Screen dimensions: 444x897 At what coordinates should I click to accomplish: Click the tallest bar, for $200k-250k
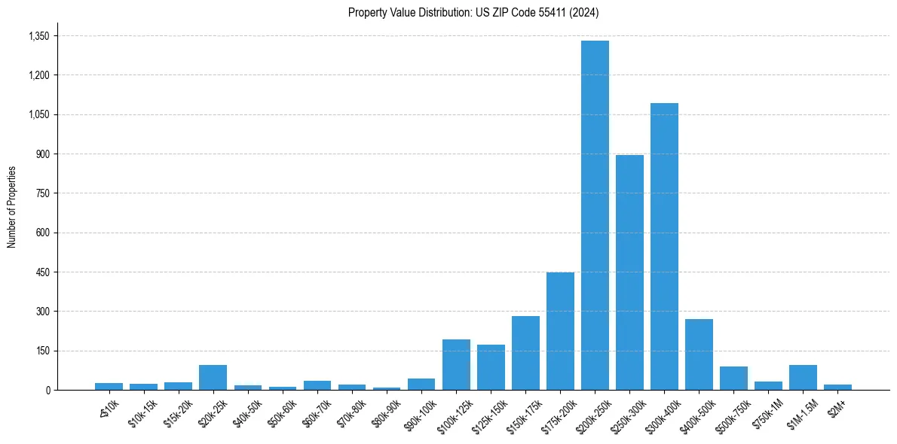coord(595,215)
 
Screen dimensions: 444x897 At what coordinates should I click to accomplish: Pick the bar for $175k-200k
coord(560,331)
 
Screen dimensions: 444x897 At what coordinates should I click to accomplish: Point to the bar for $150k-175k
coord(525,353)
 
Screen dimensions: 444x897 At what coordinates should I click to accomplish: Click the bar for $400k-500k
coord(699,354)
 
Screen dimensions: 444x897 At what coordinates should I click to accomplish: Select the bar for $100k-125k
coord(456,365)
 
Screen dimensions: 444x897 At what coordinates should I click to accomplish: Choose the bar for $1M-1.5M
coord(803,378)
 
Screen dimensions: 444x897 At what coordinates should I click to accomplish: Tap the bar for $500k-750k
coord(733,379)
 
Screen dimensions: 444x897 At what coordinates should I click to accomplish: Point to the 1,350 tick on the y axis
coord(38,36)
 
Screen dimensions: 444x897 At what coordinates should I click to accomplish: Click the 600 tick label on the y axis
coord(42,233)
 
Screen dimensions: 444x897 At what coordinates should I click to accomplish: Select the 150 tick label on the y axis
coord(42,351)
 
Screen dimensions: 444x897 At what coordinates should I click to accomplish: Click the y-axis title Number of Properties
coord(11,207)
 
